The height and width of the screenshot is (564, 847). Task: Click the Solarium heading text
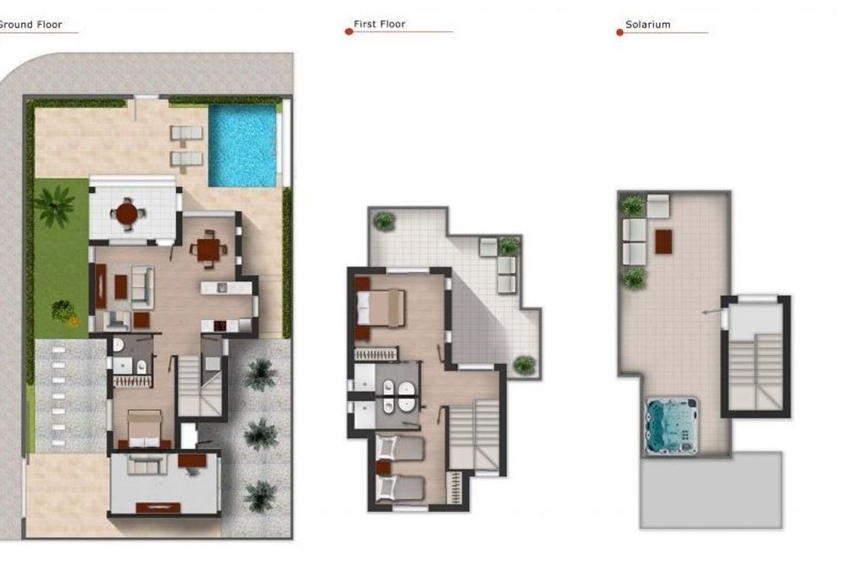click(648, 25)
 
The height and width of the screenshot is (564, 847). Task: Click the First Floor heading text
click(379, 24)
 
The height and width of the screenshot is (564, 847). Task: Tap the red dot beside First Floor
click(349, 32)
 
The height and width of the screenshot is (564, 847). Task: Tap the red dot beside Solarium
click(620, 32)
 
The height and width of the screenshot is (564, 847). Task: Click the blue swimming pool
click(242, 146)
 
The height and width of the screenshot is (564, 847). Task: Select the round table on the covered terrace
click(126, 214)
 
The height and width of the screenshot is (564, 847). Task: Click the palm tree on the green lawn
click(56, 206)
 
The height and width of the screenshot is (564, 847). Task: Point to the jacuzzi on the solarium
click(671, 425)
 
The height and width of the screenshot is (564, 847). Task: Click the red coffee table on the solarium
click(663, 241)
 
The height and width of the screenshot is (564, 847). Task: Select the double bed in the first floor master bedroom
click(380, 307)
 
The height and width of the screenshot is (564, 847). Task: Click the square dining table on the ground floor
click(208, 250)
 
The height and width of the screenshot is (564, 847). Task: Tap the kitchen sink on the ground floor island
click(222, 288)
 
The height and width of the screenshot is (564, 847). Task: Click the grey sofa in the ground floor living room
click(143, 287)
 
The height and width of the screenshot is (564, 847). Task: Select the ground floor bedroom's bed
click(144, 429)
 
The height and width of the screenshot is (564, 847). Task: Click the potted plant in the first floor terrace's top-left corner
click(384, 221)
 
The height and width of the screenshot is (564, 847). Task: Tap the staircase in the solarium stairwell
click(755, 372)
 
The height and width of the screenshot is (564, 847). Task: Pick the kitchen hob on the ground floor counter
click(220, 326)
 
